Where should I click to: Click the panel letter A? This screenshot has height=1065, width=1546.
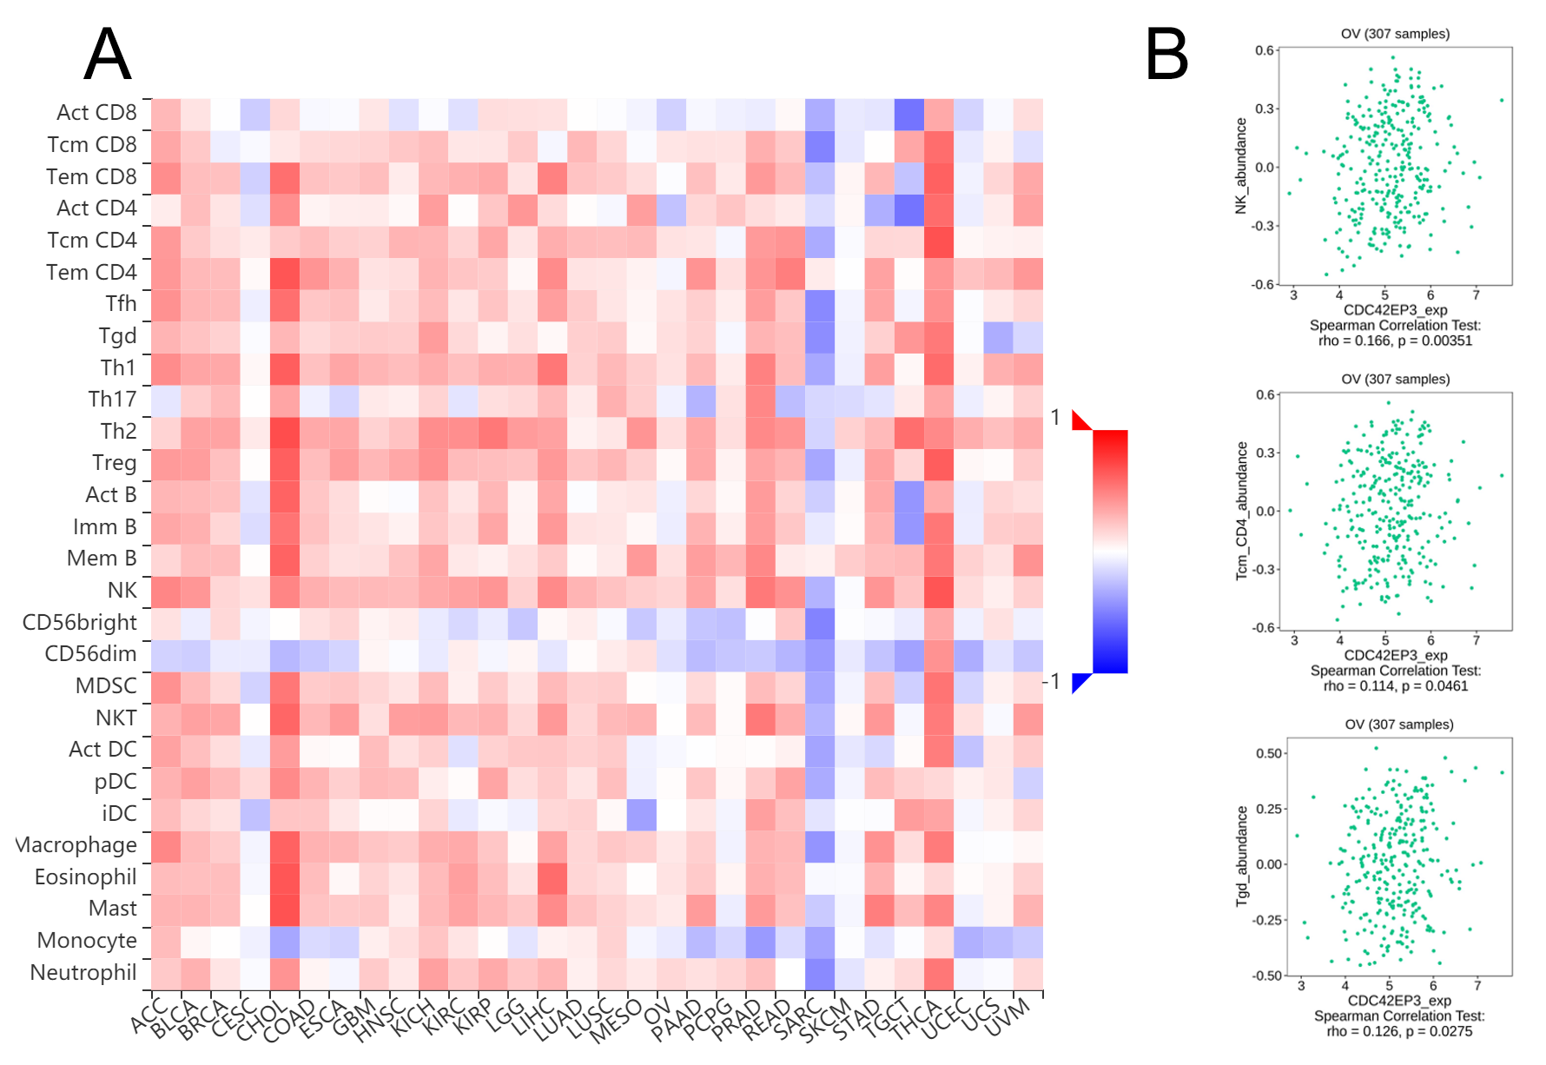tap(108, 54)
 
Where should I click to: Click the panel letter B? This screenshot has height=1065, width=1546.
tap(1166, 54)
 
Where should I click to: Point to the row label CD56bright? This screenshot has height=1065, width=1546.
tap(80, 623)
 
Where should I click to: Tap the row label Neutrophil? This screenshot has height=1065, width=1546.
tap(83, 973)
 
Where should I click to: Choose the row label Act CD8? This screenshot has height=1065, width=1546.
tap(96, 113)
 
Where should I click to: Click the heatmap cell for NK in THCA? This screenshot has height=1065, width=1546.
tap(939, 592)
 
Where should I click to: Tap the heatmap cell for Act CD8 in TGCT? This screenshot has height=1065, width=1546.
tap(909, 114)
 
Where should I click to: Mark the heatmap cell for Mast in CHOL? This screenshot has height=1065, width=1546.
tap(285, 910)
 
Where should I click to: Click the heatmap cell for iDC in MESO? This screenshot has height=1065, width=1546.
tap(642, 814)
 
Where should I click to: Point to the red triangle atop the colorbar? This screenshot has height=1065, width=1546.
tap(1080, 420)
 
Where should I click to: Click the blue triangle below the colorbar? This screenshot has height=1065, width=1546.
tap(1080, 683)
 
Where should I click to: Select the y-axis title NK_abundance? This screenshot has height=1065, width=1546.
tap(1240, 166)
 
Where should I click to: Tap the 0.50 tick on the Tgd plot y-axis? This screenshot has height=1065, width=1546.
tap(1269, 753)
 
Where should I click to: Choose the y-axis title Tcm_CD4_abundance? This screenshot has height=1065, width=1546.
tap(1241, 511)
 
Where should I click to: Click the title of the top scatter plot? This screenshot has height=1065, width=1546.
tap(1395, 34)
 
